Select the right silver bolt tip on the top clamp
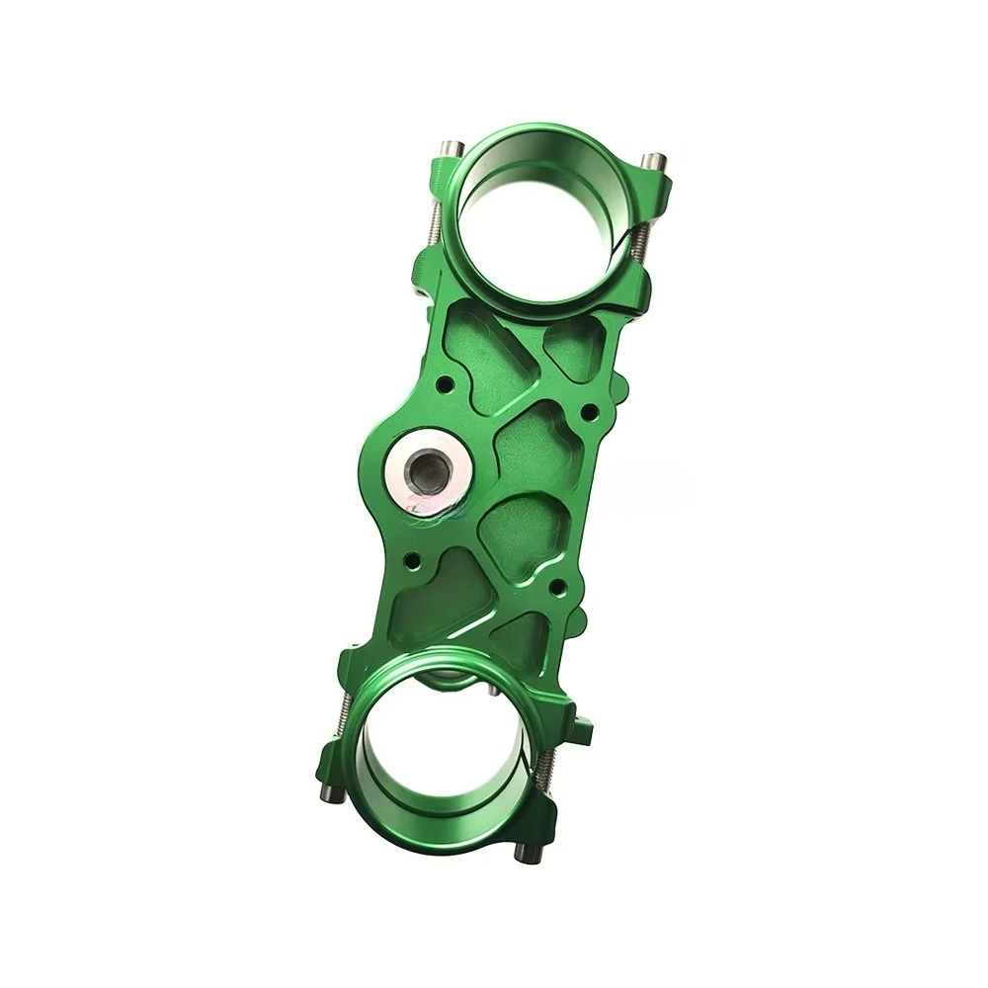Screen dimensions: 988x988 [652, 161]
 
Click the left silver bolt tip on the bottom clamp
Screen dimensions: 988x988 [329, 793]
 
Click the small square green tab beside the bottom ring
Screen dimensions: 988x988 [583, 732]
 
